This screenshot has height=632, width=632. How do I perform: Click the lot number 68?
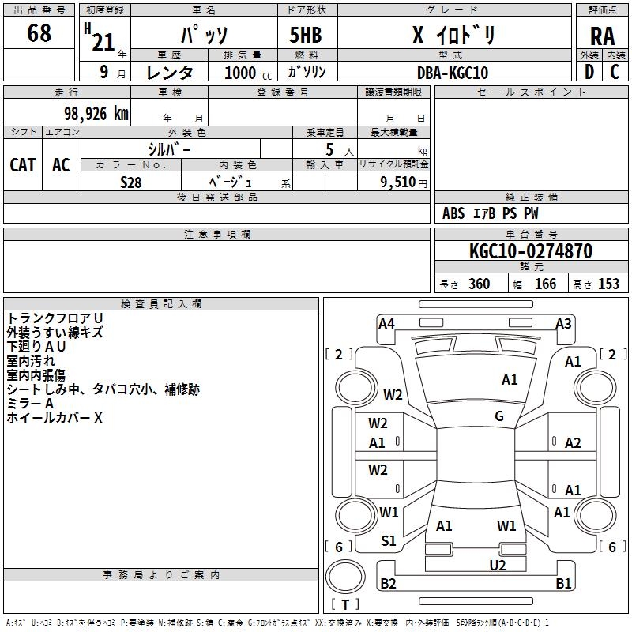point(39,34)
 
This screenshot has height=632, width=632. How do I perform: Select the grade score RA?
point(602,36)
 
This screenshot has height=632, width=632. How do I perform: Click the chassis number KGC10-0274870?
point(530,251)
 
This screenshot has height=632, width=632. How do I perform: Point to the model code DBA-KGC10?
point(452,73)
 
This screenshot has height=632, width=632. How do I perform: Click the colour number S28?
point(130,182)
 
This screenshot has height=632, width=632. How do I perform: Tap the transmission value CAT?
point(22,164)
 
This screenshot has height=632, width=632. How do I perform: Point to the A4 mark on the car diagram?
point(386,323)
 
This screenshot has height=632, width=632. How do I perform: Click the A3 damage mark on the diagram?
point(563,323)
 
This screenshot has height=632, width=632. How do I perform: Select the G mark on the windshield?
point(499,416)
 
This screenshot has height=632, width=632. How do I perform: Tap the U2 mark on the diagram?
point(497,565)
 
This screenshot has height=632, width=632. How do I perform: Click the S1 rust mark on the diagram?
point(389,541)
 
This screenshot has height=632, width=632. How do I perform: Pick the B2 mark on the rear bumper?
point(388,584)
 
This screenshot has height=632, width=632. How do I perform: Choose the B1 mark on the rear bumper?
point(563,584)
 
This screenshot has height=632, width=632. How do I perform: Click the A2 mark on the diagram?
point(573,443)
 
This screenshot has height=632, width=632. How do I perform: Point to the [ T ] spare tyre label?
point(344,605)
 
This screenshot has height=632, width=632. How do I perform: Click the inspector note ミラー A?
point(30,403)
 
